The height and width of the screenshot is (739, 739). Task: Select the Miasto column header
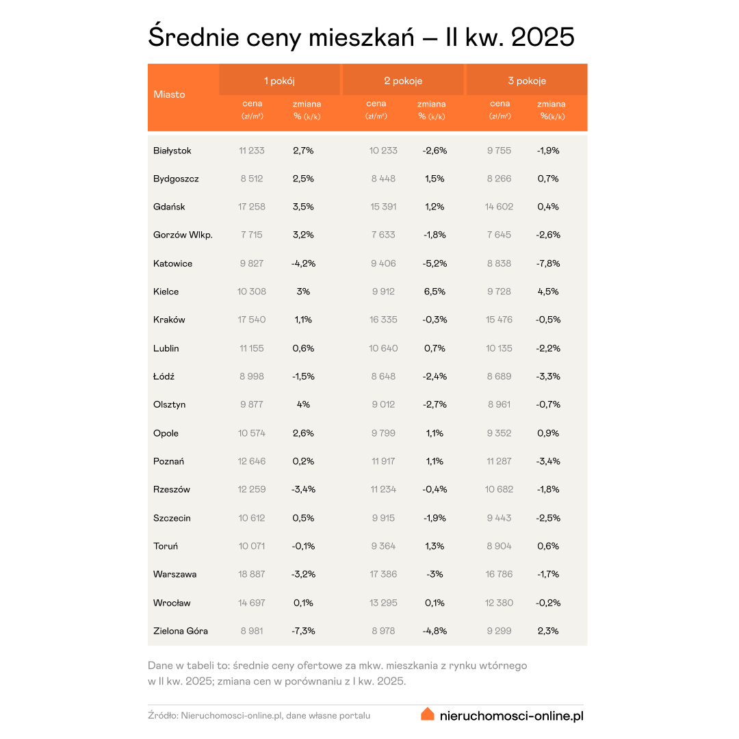(169, 94)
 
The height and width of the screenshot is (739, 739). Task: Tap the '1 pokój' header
(279, 81)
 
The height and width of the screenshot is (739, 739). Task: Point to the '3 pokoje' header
(527, 81)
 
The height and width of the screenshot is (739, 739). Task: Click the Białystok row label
(172, 151)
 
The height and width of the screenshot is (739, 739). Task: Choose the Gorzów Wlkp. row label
(183, 235)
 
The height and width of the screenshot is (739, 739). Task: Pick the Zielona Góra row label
(181, 631)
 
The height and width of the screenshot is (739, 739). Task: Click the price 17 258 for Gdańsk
(252, 207)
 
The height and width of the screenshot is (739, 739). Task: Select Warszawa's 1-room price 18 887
(252, 574)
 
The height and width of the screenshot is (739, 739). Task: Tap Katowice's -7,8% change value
(549, 263)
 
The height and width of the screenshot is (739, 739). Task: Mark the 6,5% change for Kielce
(435, 291)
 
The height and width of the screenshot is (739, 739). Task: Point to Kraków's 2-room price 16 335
(383, 320)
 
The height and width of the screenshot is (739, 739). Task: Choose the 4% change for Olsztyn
(302, 404)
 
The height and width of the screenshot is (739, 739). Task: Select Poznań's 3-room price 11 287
(499, 461)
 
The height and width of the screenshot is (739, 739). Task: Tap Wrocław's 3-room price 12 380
(499, 603)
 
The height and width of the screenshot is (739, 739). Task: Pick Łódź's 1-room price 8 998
(252, 376)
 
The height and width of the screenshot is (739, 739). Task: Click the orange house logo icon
(428, 714)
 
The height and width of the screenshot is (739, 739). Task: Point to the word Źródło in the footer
(162, 716)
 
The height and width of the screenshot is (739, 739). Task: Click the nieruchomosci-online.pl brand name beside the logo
(511, 716)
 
